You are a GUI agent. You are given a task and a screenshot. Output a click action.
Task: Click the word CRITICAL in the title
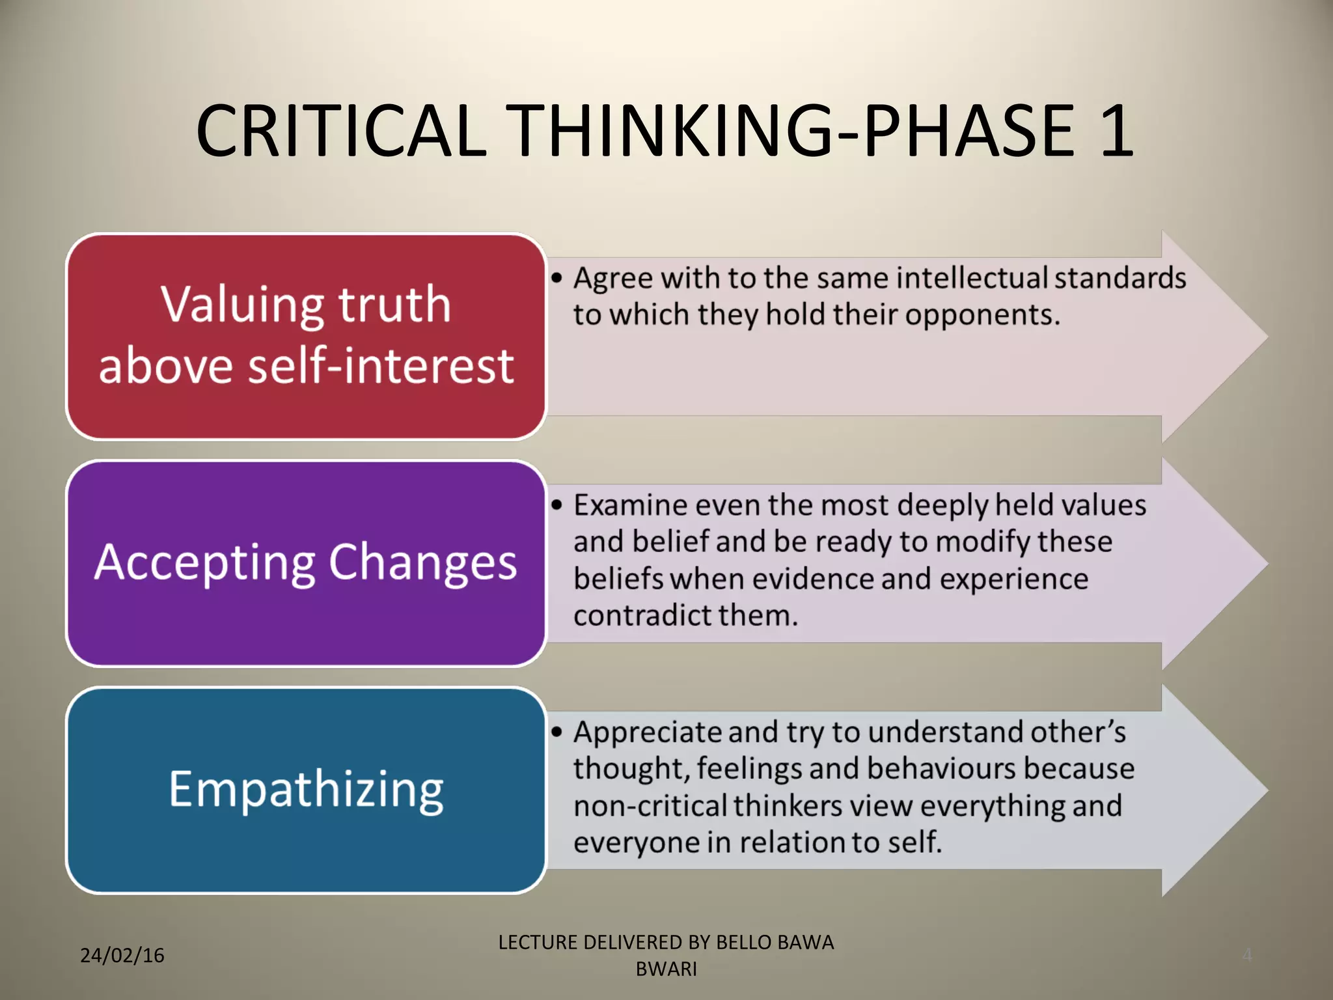342,132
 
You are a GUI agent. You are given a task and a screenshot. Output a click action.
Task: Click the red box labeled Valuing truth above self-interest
306,337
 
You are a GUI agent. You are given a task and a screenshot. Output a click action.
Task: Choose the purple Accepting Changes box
306,563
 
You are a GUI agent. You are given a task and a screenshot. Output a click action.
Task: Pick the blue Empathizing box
306,790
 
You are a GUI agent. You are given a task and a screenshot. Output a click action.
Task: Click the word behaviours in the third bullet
941,769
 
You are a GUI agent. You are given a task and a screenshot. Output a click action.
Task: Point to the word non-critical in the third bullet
649,806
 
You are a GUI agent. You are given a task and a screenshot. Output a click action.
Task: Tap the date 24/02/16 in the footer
122,956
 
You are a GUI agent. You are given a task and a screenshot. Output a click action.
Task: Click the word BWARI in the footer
666,969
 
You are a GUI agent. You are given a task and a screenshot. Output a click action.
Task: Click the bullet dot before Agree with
557,279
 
